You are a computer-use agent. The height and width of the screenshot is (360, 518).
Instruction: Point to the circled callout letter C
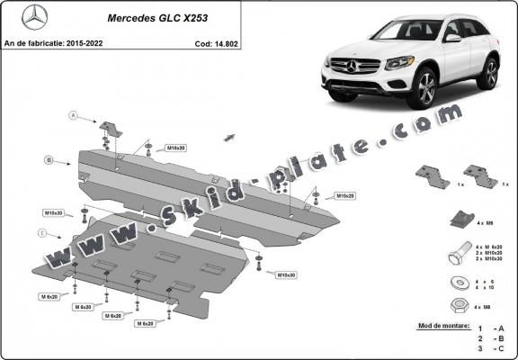pyautogui.click(x=40, y=234)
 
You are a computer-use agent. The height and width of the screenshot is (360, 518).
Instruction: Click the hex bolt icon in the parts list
pyautogui.click(x=457, y=252)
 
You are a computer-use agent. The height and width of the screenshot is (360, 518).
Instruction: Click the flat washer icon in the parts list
pyautogui.click(x=457, y=283)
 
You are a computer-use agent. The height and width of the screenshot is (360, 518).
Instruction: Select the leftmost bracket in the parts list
pyautogui.click(x=433, y=176)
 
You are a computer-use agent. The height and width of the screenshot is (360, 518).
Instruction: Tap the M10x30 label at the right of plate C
pyautogui.click(x=287, y=274)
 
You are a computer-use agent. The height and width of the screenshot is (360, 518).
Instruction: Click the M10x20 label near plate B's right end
pyautogui.click(x=344, y=195)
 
